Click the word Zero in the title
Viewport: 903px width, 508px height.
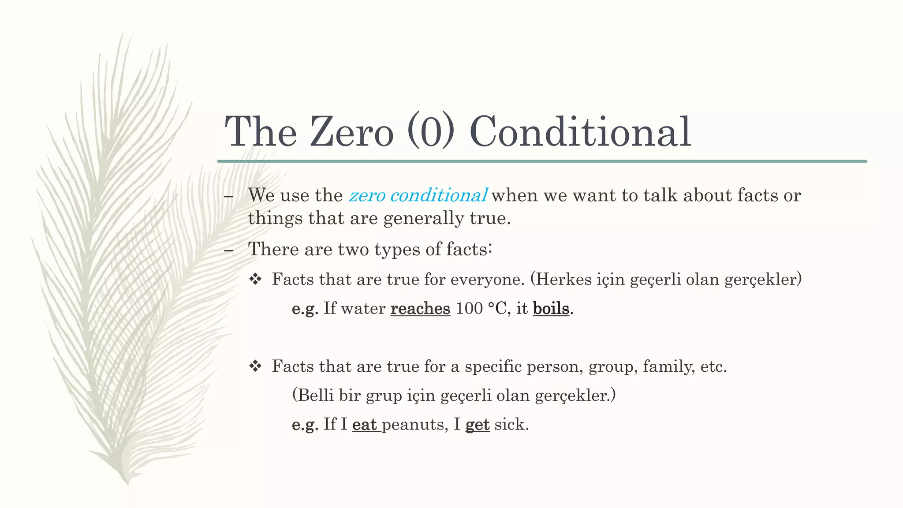click(351, 131)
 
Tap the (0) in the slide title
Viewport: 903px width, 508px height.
click(431, 131)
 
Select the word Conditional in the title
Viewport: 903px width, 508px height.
click(580, 131)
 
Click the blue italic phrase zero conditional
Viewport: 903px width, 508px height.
click(418, 195)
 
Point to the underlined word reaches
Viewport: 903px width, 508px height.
click(420, 308)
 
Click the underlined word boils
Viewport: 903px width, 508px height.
click(551, 308)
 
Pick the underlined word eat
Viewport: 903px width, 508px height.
click(365, 424)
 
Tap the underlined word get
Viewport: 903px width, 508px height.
click(478, 425)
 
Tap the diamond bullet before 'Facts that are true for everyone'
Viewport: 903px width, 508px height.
click(255, 279)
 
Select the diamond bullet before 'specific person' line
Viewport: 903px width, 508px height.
click(255, 366)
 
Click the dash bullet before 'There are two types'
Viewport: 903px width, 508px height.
click(228, 250)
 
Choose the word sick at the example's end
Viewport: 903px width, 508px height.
click(511, 425)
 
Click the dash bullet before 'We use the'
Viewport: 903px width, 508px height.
click(228, 196)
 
